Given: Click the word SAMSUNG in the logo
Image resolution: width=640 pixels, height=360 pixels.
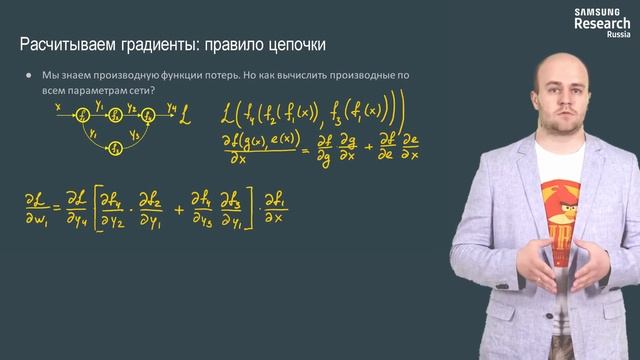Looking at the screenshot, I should pyautogui.click(x=597, y=11).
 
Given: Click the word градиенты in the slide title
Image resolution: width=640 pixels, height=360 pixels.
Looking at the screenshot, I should pyautogui.click(x=165, y=46).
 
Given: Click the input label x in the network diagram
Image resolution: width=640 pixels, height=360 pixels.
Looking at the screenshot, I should pyautogui.click(x=58, y=104).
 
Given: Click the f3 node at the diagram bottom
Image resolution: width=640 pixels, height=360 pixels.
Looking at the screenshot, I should pyautogui.click(x=116, y=148).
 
